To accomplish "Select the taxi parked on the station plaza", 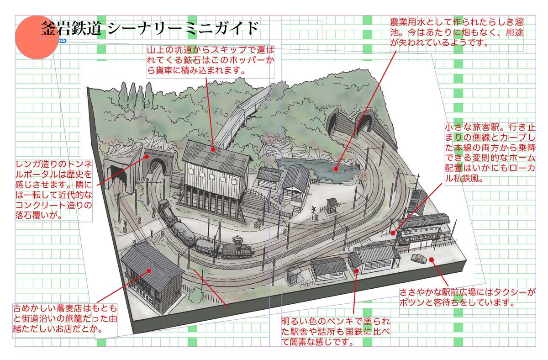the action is click(x=418, y=259).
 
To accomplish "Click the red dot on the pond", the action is click(x=336, y=169).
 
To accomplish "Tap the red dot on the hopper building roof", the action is click(x=213, y=149).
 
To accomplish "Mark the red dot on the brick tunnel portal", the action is click(x=147, y=156).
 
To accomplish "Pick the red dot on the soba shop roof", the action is click(x=149, y=270).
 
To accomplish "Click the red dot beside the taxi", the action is click(x=432, y=260).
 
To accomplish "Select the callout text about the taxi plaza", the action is click(x=467, y=297).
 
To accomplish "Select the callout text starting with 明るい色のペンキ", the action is click(x=335, y=332).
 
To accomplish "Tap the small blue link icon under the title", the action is click(x=63, y=41).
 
